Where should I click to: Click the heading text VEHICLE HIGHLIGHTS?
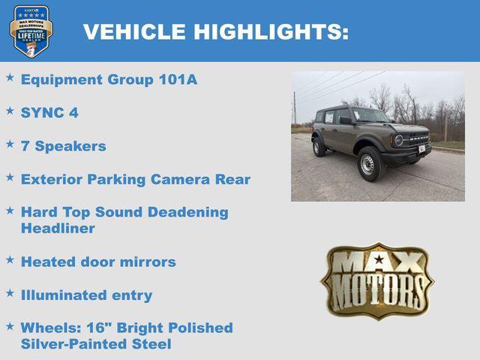[x=216, y=31]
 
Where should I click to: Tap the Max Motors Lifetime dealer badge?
[x=31, y=31]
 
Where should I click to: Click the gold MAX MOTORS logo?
[x=376, y=280]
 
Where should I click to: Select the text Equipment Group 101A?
[x=109, y=79]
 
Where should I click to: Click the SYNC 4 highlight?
[x=49, y=113]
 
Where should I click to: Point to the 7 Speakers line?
[x=64, y=146]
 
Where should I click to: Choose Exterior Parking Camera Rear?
[x=136, y=179]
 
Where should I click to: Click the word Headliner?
[x=58, y=229]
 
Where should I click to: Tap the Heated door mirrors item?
[x=98, y=262]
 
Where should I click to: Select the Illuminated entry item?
[x=86, y=295]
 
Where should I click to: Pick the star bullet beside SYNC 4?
[x=10, y=110]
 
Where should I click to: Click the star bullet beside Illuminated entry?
[x=10, y=292]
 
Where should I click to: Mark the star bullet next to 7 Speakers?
[x=10, y=143]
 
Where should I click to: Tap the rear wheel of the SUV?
[x=319, y=146]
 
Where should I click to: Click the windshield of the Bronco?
[x=370, y=115]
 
